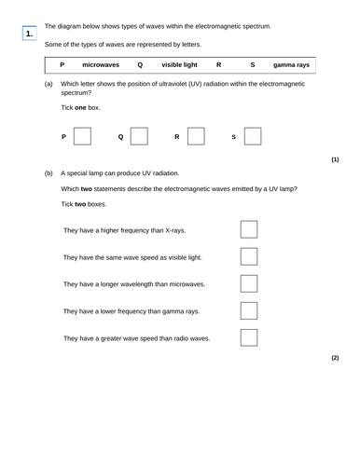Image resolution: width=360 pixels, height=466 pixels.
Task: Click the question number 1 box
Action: click(30, 34)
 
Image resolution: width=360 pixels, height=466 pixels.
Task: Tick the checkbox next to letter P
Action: click(82, 137)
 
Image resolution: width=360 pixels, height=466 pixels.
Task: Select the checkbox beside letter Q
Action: click(139, 137)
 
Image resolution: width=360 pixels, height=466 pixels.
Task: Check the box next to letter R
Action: click(196, 137)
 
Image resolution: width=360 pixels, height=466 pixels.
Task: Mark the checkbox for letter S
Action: click(252, 137)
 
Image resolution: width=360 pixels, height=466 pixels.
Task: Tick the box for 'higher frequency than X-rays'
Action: click(249, 229)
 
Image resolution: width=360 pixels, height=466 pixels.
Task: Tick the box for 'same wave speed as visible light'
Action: click(249, 256)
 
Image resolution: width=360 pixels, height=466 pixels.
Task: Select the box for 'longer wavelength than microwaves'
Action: click(249, 283)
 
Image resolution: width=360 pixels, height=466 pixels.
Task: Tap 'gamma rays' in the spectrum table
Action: click(292, 65)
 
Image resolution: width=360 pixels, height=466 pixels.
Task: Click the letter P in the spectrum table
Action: click(62, 65)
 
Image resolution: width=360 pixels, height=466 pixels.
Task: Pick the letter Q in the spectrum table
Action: click(140, 65)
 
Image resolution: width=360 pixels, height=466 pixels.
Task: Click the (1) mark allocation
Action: click(335, 159)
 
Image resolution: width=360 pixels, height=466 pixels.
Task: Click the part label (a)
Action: click(48, 84)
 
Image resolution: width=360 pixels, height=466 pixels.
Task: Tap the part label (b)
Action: click(48, 173)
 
